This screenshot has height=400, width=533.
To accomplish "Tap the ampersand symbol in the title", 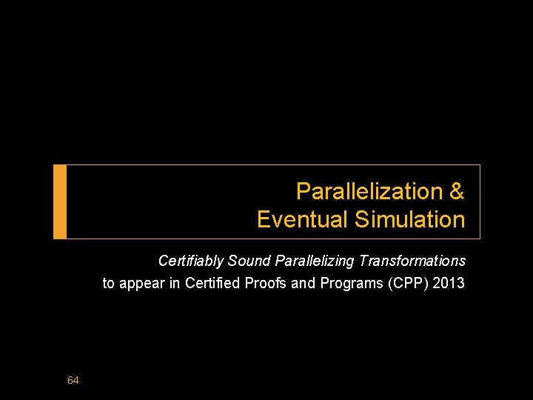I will point(457,191).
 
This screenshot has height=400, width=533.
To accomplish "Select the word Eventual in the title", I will point(303,219).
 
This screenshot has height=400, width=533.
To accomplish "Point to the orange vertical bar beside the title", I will point(60,201).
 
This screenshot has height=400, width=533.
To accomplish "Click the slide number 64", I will point(73,380).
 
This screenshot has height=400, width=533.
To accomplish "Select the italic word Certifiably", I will point(191,261).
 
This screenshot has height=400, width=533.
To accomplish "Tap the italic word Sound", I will point(249,261).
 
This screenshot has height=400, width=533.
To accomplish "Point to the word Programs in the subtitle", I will point(352,283).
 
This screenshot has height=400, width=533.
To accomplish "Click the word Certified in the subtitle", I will point(211,283).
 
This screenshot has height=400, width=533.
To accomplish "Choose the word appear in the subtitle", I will point(141,283).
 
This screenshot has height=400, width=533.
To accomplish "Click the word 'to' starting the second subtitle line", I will point(108,283).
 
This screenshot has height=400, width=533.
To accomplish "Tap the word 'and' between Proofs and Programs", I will point(304,283).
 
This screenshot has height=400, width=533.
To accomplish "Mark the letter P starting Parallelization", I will point(303,191).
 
